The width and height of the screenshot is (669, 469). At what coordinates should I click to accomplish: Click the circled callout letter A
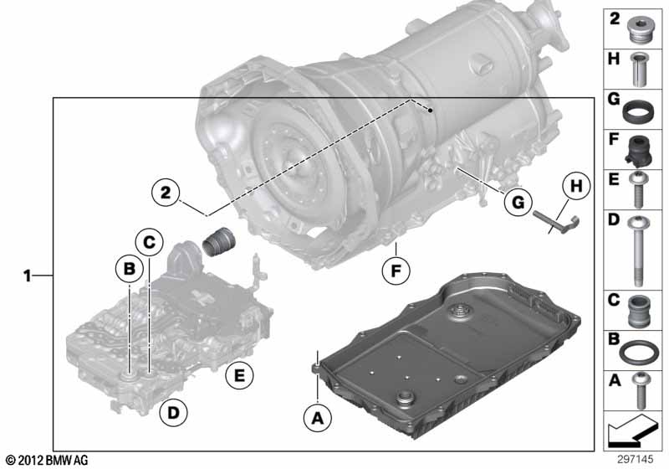tap(315, 415)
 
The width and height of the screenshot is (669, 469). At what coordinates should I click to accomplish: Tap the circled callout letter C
tap(149, 243)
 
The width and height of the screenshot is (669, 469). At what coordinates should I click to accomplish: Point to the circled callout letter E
tap(238, 378)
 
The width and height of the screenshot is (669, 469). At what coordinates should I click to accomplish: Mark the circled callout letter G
tap(517, 201)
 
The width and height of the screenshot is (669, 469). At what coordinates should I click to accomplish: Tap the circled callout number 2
tap(166, 193)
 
